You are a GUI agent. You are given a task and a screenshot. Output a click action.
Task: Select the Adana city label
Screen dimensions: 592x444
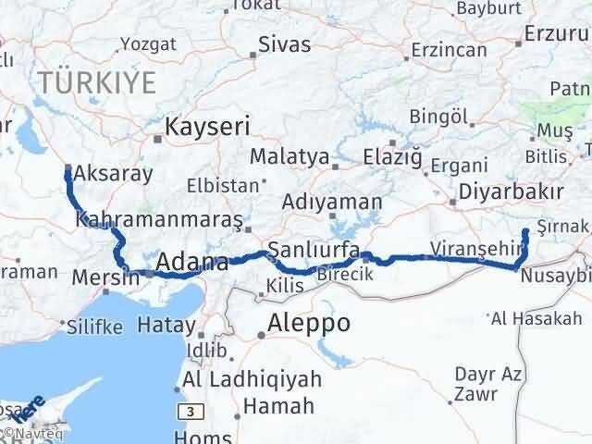tap(192, 264)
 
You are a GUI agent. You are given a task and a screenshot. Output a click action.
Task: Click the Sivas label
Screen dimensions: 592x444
tap(284, 43)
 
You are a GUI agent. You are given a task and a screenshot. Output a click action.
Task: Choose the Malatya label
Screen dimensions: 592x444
tap(290, 156)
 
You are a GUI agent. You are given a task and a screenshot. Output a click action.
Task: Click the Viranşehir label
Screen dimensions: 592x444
tap(467, 248)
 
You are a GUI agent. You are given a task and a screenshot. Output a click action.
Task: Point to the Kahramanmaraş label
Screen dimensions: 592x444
tap(159, 221)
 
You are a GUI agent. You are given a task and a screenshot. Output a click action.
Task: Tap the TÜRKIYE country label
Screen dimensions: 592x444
tap(97, 83)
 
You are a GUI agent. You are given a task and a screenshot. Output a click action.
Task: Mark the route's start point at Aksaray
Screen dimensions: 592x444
tap(68, 168)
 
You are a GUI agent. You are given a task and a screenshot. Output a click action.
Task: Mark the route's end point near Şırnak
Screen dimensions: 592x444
tap(525, 231)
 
